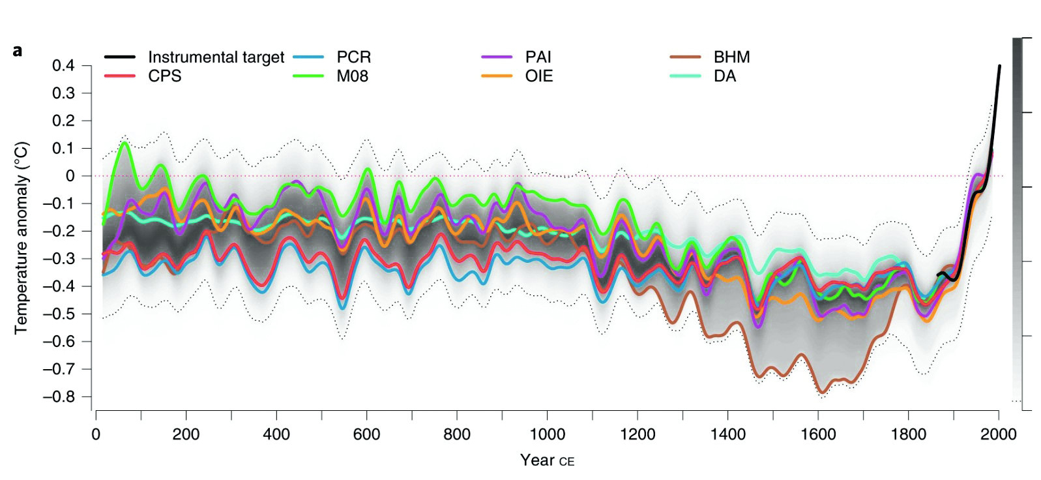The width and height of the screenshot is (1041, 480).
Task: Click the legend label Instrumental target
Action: pos(216,57)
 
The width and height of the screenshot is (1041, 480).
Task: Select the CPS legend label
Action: pos(164,76)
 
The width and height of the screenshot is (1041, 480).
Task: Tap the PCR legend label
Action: pos(353,57)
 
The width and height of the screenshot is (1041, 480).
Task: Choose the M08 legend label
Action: pos(352,76)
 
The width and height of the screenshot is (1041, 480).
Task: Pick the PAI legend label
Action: pos(538,57)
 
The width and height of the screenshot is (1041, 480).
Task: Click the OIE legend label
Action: pos(538,76)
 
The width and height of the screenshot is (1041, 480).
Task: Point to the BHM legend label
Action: pos(731,57)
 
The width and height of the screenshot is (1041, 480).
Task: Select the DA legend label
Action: pos(724,76)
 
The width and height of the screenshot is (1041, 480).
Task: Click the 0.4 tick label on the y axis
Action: pos(63,66)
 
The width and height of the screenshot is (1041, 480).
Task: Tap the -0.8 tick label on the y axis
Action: pos(59,397)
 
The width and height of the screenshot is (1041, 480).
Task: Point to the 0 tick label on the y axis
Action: pos(70,176)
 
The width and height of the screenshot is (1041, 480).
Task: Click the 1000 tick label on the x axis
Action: pos(547,435)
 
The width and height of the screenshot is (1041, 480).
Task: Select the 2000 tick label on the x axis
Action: pos(998,435)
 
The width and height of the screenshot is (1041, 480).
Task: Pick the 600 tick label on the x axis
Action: pos(366,435)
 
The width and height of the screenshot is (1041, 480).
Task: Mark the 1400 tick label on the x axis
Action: pos(727,435)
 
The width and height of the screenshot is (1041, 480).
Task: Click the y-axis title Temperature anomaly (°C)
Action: pos(21,238)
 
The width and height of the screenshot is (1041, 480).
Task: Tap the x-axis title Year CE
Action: pos(547,460)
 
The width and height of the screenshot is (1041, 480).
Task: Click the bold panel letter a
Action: pos(18,51)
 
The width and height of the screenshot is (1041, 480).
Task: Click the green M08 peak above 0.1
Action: pos(124,143)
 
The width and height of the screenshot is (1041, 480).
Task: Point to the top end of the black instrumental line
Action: pos(999,67)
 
